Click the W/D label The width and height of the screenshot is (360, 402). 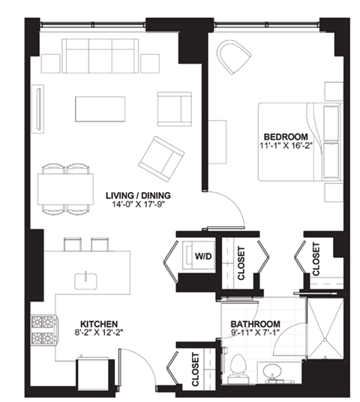point(202,256)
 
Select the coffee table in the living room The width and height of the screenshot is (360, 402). point(98,108)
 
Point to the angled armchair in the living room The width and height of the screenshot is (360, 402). point(162,154)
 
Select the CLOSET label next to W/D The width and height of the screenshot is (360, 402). point(241,262)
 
